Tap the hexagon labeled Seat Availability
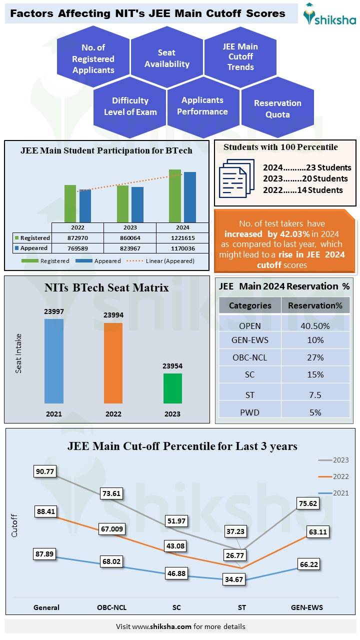[x=167, y=58]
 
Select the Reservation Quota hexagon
[x=277, y=109]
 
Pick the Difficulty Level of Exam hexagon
[x=130, y=106]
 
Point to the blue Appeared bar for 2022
[x=85, y=205]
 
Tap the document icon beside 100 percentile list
[x=233, y=178]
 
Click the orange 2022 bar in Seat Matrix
[x=113, y=363]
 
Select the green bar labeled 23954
[x=172, y=388]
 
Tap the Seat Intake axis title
[x=18, y=354]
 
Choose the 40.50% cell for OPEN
[x=315, y=326]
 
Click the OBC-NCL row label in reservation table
[x=250, y=357]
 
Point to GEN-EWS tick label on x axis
[x=307, y=607]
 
